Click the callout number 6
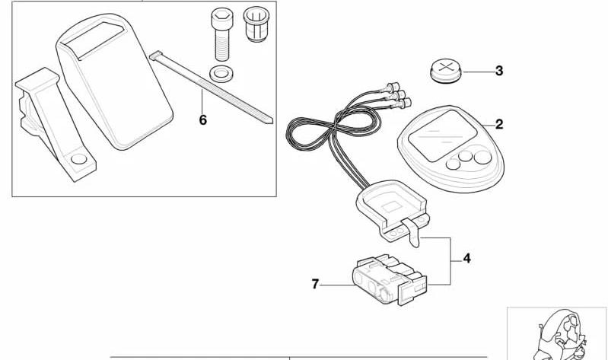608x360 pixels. coord(203,119)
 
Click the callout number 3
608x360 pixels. coord(499,71)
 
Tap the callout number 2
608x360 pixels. coord(499,124)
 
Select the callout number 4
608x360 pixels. coord(467,258)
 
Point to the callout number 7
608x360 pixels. coord(315,285)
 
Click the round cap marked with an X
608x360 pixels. coord(446,70)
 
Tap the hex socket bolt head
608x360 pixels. coord(222,18)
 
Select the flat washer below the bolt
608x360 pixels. coord(221,73)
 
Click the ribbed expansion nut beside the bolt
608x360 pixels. coord(256,24)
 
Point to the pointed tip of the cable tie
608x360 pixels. coord(271,122)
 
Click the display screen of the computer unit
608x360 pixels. coord(442,135)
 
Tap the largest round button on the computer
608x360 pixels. coord(482,157)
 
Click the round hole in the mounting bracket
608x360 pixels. coord(79,158)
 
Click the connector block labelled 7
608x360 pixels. coord(390,280)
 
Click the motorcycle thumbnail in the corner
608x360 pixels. coord(557,334)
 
